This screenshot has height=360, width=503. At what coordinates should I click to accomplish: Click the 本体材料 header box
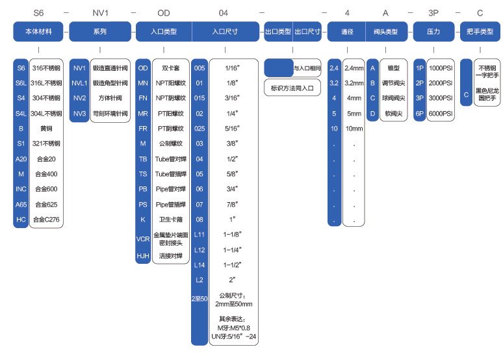[39, 31]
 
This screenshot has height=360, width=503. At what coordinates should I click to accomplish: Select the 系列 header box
[100, 31]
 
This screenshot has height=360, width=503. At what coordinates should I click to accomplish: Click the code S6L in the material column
[21, 83]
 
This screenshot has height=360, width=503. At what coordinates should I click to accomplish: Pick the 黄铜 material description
[46, 128]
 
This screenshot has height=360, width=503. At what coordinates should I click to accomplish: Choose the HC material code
[21, 219]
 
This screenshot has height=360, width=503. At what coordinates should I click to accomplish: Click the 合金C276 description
[46, 219]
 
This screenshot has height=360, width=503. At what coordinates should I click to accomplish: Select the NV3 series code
[79, 113]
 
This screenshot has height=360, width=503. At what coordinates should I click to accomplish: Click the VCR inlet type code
[143, 238]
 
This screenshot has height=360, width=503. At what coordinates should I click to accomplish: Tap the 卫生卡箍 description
[170, 219]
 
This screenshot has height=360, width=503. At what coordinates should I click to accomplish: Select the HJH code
[143, 256]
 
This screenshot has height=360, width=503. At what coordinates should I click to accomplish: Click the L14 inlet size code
[200, 264]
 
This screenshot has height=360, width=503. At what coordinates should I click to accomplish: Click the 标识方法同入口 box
[292, 87]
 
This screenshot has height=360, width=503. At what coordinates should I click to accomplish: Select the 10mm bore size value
[354, 128]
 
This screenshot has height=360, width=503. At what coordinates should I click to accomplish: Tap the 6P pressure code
[420, 113]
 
